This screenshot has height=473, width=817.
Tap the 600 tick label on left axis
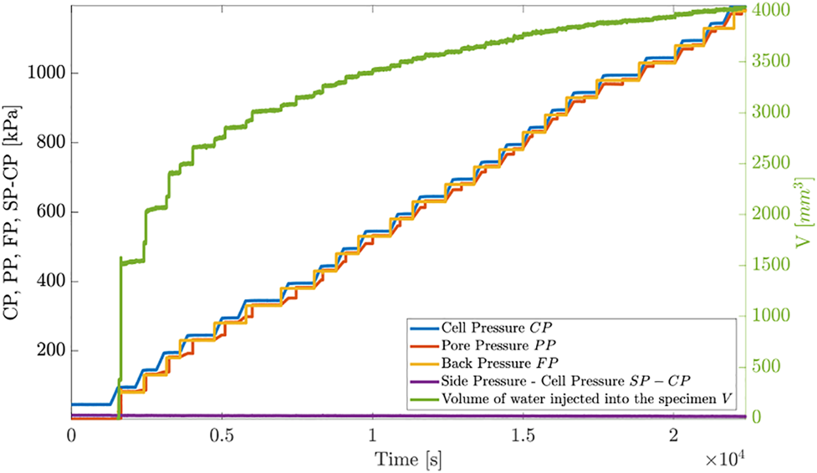[50, 212]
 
